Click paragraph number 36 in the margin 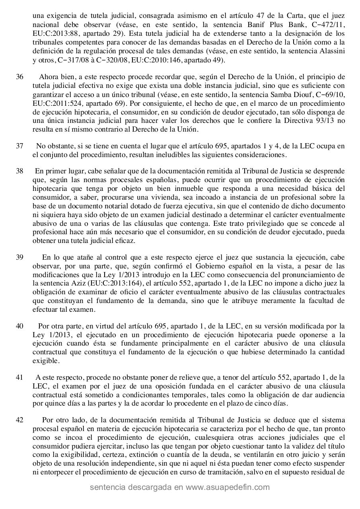click(x=19, y=77)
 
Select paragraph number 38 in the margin click(x=19, y=171)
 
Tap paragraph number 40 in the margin click(x=19, y=326)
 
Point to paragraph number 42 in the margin click(x=19, y=420)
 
